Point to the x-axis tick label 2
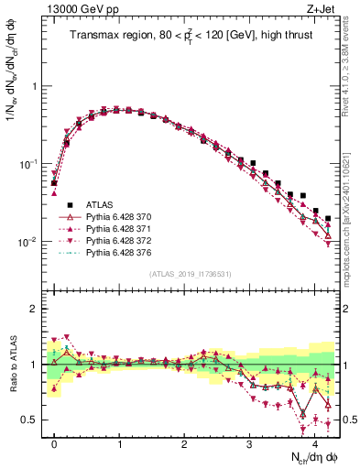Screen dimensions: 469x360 [184, 442]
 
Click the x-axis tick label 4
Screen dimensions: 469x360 [314, 442]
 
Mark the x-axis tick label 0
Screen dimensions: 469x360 [54, 442]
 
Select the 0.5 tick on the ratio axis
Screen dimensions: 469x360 [29, 420]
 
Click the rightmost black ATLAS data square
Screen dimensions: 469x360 [328, 219]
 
